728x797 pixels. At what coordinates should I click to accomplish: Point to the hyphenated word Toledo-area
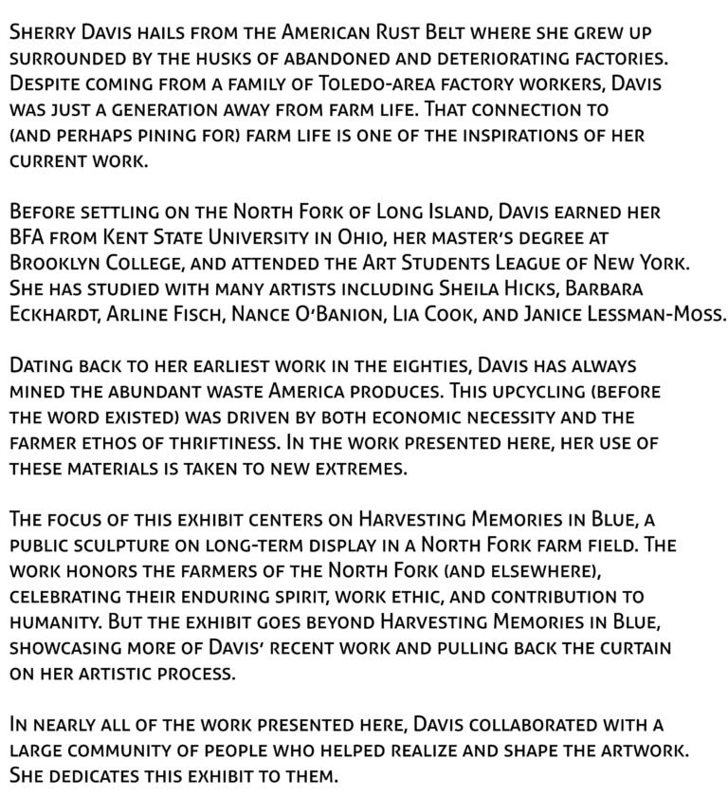tap(377, 84)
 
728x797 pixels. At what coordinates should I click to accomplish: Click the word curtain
tap(630, 647)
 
